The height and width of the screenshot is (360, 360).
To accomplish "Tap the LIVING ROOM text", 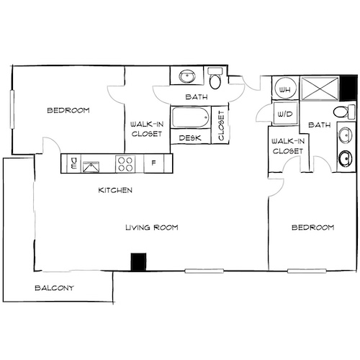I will pyautogui.click(x=151, y=228).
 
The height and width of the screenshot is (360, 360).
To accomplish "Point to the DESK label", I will pyautogui.click(x=189, y=138).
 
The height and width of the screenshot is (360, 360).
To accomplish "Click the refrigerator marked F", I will pyautogui.click(x=153, y=164).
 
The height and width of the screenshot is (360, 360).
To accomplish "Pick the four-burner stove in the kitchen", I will pyautogui.click(x=125, y=164).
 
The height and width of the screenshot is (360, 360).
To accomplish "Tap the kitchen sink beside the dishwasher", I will pyautogui.click(x=91, y=166).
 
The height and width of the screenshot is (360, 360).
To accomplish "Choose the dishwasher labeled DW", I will pyautogui.click(x=73, y=165).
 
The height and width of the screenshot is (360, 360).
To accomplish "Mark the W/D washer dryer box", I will pyautogui.click(x=283, y=113).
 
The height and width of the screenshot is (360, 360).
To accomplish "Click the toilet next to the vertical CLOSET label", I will pyautogui.click(x=215, y=78).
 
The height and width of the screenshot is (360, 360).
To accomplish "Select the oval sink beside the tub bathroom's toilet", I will pyautogui.click(x=188, y=76).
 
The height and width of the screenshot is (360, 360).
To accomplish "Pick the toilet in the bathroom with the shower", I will pyautogui.click(x=344, y=112).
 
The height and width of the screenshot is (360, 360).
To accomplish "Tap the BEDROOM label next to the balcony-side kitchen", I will pyautogui.click(x=68, y=110).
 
